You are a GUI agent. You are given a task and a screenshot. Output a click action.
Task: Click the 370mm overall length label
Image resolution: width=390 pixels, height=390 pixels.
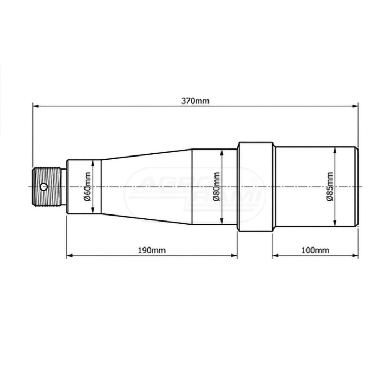(195, 101)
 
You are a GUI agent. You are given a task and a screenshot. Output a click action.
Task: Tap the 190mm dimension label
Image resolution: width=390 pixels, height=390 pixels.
(152, 250)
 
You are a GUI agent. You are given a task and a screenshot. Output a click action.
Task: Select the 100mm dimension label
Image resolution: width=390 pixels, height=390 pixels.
(315, 250)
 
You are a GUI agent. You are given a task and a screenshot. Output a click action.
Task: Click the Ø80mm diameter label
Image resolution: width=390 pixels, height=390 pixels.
(217, 186)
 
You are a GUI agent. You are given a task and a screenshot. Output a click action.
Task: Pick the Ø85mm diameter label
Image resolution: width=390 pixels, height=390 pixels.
(329, 186)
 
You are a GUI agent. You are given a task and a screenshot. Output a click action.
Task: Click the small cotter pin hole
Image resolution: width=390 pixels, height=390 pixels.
(44, 186)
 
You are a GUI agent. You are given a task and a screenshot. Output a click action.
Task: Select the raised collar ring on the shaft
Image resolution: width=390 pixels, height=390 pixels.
(256, 187)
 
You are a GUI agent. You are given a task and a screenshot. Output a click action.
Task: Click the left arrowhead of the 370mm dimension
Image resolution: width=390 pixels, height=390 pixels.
(36, 106)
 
